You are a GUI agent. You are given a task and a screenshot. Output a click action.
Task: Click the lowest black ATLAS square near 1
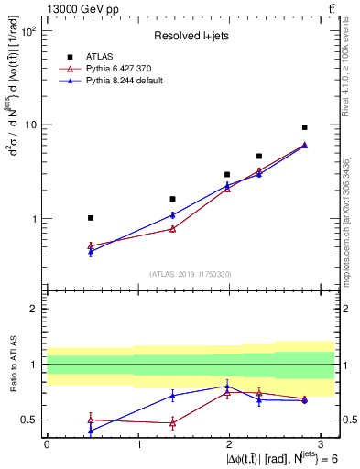90,218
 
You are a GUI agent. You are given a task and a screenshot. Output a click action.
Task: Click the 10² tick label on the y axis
30,30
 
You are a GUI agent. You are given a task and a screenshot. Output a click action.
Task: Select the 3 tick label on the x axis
322,443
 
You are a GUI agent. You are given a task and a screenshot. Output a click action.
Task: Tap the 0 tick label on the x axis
46,443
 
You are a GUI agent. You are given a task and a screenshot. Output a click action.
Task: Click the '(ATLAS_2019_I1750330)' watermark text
191,274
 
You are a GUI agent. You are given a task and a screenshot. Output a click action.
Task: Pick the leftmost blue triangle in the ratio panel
90,430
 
